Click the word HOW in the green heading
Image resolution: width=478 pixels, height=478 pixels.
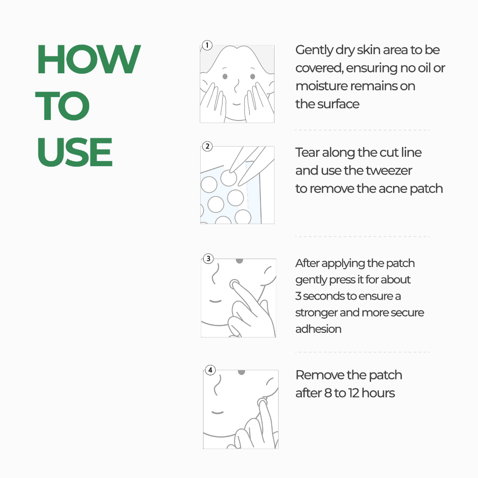tap(89, 59)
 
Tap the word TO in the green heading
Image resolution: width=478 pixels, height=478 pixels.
tap(63, 106)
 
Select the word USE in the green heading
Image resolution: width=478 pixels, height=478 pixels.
tap(75, 152)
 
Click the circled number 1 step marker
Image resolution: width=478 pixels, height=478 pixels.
tap(207, 45)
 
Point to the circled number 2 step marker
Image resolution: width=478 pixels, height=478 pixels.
tap(208, 146)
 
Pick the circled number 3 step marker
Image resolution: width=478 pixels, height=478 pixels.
tap(209, 259)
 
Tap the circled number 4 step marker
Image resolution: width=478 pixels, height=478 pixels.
tap(211, 370)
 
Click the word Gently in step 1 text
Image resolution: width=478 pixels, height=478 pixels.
tap(314, 50)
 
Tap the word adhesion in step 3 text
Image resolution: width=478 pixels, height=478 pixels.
tap(318, 329)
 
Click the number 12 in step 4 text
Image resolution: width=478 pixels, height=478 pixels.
tap(353, 393)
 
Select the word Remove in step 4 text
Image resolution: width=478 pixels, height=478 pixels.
tap(319, 375)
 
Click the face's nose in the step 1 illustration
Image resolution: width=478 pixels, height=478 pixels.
tap(237, 86)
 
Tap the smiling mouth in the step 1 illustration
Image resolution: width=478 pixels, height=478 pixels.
tap(237, 104)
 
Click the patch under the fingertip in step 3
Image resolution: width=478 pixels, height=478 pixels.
tap(234, 284)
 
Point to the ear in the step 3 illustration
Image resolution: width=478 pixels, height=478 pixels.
tap(268, 275)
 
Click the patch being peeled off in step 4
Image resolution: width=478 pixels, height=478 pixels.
tap(262, 403)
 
